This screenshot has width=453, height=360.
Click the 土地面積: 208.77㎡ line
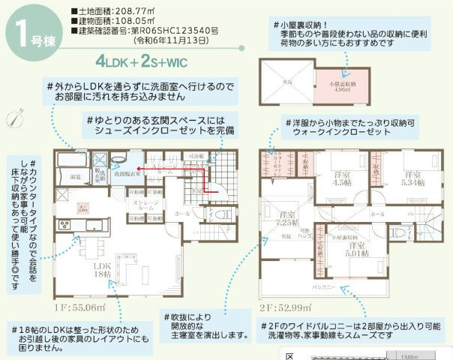pos(113,11)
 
